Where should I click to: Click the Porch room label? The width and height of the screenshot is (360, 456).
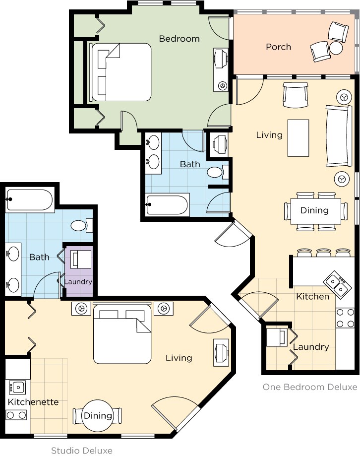278,47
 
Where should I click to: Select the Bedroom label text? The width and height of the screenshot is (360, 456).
179,38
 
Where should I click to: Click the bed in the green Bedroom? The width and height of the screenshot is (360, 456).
121,72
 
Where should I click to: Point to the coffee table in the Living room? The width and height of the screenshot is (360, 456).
298,137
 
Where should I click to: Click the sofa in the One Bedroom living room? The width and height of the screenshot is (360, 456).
339,136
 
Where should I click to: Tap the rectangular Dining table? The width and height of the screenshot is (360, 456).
314,210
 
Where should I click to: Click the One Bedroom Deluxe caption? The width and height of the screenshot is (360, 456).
309,387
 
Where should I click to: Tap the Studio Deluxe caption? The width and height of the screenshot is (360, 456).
82,451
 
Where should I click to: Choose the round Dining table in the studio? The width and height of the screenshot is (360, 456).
98,415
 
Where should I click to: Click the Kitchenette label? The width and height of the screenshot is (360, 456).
33,402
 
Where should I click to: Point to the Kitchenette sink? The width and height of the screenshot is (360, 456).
18,386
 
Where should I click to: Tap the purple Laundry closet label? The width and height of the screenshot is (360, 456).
78,282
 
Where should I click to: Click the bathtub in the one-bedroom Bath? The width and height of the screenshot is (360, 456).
167,204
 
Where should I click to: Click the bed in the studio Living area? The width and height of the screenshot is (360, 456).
122,333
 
